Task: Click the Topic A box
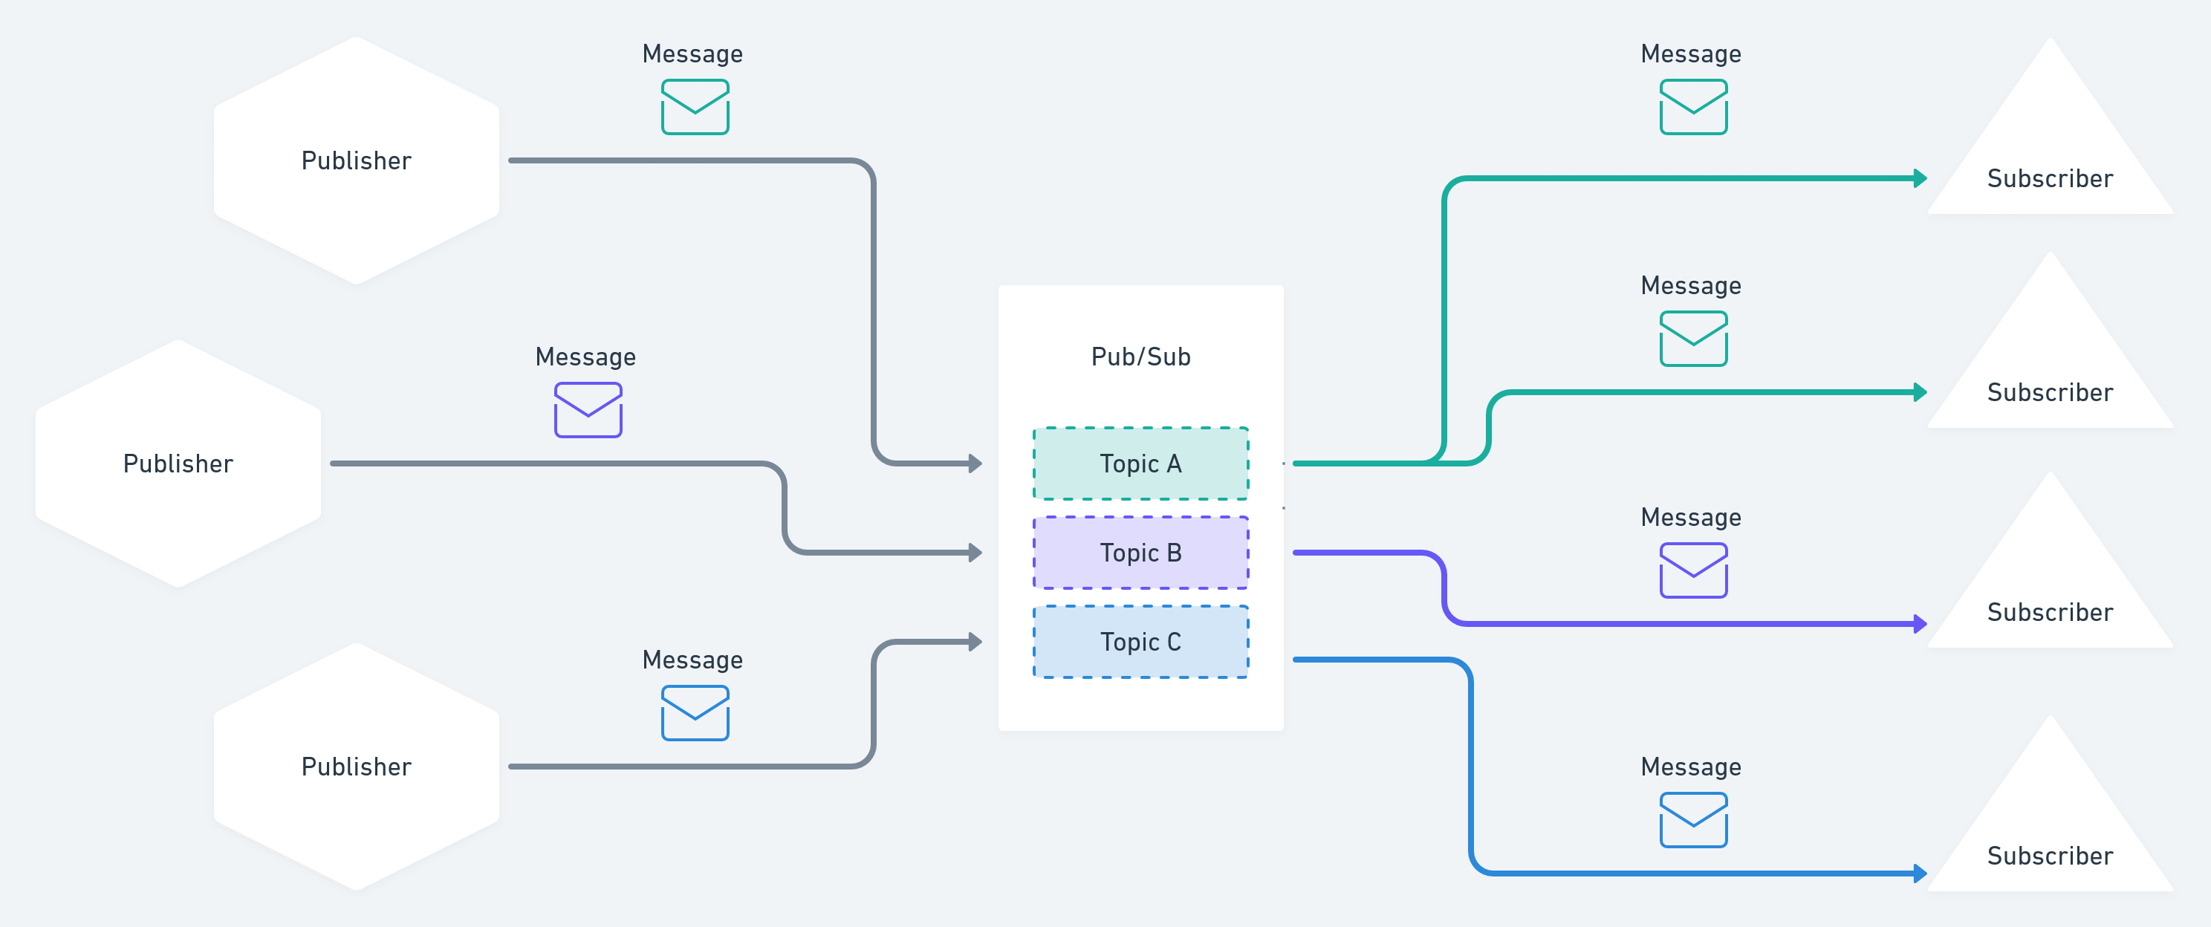click(x=1140, y=463)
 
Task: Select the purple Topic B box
click(x=1140, y=553)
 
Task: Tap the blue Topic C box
click(x=1140, y=642)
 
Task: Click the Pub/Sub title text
click(x=1140, y=357)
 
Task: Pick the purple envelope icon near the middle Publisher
click(x=588, y=410)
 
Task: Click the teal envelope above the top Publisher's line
click(x=695, y=107)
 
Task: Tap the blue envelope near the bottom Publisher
click(x=695, y=712)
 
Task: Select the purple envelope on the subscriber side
click(x=1692, y=570)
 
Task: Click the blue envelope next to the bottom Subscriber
click(x=1692, y=820)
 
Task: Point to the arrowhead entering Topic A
click(x=975, y=463)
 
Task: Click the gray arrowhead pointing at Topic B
click(x=975, y=553)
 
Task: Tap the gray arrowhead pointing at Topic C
click(x=975, y=642)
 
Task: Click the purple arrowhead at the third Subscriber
click(x=1920, y=624)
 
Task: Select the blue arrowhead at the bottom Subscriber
click(x=1920, y=874)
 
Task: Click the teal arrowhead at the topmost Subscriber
click(x=1920, y=178)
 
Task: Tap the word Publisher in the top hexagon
click(x=356, y=160)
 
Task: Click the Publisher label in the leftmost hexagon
click(x=178, y=463)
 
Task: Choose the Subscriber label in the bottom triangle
click(x=2050, y=856)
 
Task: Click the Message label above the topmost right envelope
click(x=1690, y=54)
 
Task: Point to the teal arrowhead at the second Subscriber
click(x=1920, y=392)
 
